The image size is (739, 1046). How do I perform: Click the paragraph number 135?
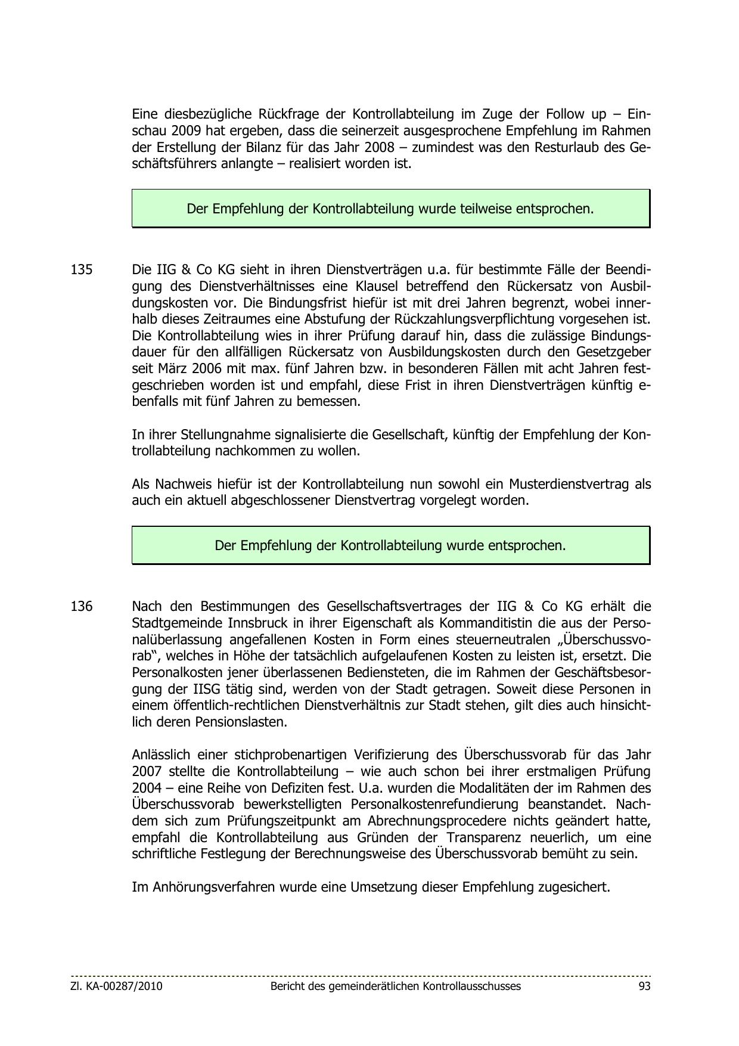82,269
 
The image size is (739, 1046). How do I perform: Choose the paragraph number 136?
82,607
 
